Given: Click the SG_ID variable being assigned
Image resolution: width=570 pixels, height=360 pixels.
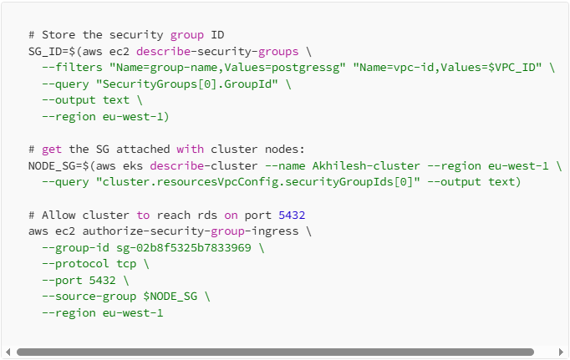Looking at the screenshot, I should point(44,51).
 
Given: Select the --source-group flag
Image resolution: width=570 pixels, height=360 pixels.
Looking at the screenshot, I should point(89,296).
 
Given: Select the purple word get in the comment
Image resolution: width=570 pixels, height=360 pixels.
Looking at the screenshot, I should point(51,150).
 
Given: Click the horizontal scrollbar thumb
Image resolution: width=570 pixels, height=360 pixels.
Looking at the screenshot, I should point(276,352).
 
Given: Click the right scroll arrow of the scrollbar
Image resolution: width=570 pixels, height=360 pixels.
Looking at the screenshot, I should point(562,352).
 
